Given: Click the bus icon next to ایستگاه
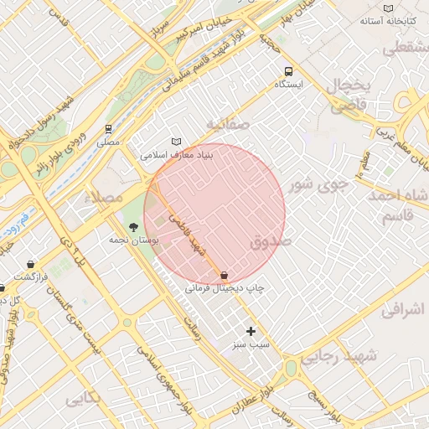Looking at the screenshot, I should pos(289,71).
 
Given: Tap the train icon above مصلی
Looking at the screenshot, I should pos(108,129).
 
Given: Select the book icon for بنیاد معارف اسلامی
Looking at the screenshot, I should pos(175,142).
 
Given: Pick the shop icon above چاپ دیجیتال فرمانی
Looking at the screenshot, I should pos(224,275).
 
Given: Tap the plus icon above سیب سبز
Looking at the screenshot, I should pos(251,331).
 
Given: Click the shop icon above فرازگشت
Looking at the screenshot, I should pos(31,264).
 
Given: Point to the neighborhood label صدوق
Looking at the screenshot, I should pos(269,242).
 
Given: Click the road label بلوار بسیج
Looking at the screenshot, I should pos(323,404).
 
